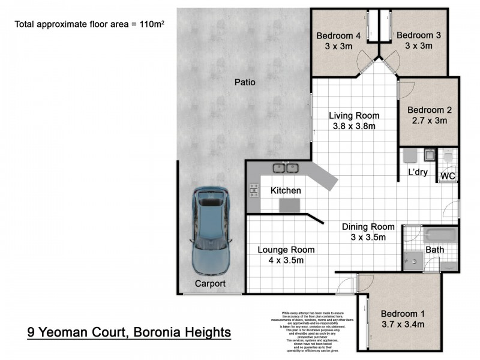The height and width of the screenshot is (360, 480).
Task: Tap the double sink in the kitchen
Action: (x=284, y=168)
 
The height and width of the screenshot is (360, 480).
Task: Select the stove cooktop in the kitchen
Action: (x=252, y=191)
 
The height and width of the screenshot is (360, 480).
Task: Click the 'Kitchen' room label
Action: (x=286, y=191)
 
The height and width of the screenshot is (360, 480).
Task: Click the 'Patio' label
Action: (x=245, y=82)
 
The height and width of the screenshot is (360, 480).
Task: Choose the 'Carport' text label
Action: (x=210, y=283)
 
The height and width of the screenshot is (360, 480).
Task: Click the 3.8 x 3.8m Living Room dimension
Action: (x=354, y=126)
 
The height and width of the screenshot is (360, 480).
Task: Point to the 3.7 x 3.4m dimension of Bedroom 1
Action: (x=403, y=325)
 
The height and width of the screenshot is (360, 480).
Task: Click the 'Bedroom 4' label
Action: (x=338, y=36)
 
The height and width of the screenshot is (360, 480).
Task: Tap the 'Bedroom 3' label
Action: (x=419, y=36)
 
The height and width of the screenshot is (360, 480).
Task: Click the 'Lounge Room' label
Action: (x=286, y=250)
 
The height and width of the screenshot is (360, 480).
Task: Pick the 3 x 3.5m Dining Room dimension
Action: (x=368, y=237)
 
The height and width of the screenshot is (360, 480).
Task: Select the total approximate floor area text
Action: (x=90, y=25)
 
